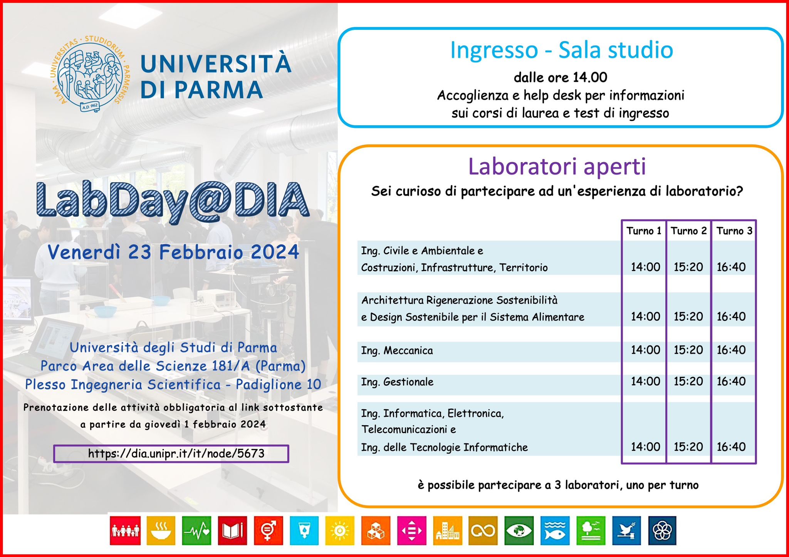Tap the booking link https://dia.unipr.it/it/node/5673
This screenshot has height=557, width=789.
coord(176,453)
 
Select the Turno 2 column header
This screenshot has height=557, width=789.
coord(689,231)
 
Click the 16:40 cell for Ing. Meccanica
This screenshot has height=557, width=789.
coord(731,350)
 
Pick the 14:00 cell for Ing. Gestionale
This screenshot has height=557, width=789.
coord(645,381)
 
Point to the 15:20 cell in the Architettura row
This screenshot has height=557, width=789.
coord(688,316)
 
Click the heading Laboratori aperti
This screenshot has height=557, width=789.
coord(557,166)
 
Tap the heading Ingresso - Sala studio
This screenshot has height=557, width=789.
coord(562,50)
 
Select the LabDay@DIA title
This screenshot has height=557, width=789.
coord(173,201)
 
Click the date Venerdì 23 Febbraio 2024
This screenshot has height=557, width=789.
coord(173,252)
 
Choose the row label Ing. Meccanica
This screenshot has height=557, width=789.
coord(397,351)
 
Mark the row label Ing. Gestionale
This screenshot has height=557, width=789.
coord(397,382)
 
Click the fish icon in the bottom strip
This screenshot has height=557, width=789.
coord(555,530)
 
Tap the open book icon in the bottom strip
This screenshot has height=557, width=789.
coord(232,530)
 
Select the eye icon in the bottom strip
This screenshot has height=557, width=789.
coord(519,530)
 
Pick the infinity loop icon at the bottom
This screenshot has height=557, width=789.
coord(483,530)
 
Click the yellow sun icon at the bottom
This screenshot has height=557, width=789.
coord(339,530)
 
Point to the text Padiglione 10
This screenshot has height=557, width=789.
coord(279,384)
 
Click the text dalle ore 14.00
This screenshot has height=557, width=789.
coord(561,77)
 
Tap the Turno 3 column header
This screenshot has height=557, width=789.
coord(734,231)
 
